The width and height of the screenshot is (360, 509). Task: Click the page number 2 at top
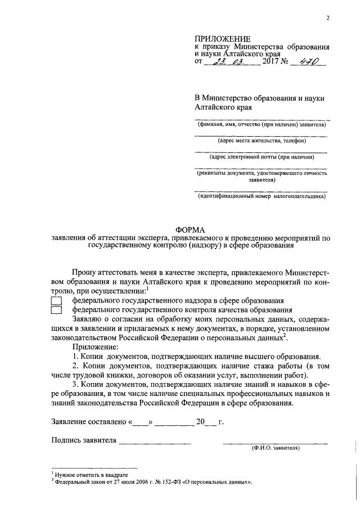[x=327, y=19]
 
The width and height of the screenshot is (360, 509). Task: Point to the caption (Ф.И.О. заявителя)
[x=276, y=448]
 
